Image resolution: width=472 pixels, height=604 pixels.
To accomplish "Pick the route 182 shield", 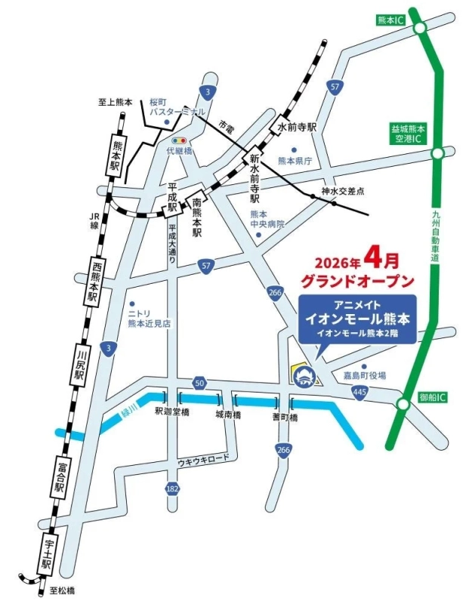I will click(173, 489).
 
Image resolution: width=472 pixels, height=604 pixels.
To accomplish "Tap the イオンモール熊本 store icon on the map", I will click(305, 374).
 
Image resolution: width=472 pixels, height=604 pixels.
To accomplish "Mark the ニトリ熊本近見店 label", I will click(149, 318).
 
